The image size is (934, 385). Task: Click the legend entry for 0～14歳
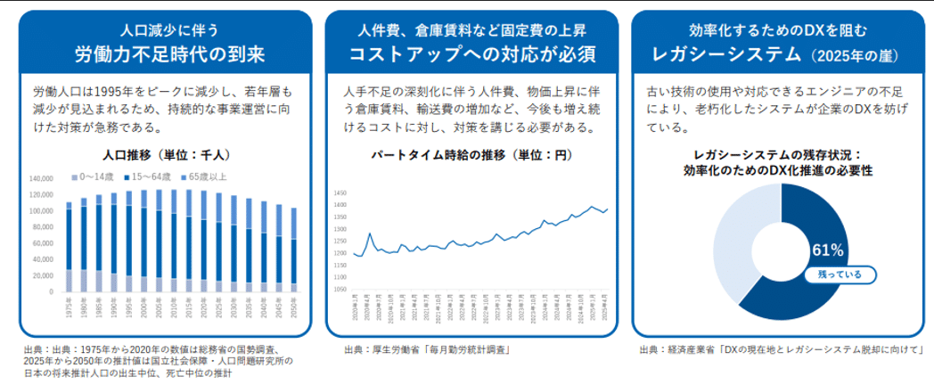(93, 176)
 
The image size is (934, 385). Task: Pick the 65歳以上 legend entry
(209, 176)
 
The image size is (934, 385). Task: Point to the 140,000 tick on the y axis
(42, 179)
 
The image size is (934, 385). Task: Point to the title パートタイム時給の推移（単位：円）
(471, 154)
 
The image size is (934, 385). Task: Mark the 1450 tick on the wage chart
(339, 192)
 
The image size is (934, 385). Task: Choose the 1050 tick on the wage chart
(339, 290)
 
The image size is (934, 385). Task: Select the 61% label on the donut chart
(825, 250)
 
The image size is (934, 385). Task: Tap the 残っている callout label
(833, 274)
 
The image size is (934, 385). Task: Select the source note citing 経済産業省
(778, 350)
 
